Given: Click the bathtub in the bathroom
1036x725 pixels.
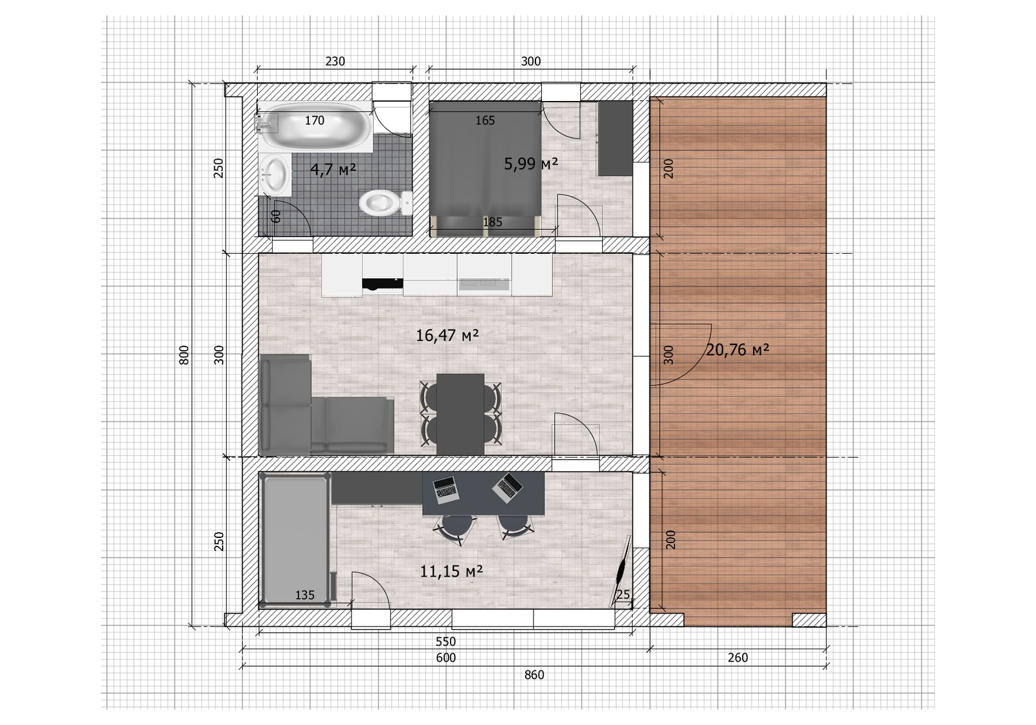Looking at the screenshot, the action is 315,126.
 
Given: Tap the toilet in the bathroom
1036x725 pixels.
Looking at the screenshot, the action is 386,203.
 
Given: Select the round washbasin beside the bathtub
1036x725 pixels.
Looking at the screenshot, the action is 275,174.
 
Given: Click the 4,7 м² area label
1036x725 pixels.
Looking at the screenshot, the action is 333,170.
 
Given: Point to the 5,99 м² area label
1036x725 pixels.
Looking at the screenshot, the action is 530,163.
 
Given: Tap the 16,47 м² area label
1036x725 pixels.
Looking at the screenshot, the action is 447,335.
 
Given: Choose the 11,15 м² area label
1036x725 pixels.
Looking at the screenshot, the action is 451,572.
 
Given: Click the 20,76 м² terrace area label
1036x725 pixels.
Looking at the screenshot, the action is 738,350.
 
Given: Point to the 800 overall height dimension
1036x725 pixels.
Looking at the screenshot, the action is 184,355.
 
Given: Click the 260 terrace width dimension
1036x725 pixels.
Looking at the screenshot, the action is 738,657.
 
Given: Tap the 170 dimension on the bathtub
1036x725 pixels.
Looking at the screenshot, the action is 315,120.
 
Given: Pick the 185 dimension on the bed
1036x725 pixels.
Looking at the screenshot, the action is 493,222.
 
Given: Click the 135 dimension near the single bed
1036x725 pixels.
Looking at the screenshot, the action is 305,595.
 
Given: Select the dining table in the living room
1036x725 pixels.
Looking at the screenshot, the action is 460,414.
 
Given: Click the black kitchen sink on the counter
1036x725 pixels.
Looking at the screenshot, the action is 382,285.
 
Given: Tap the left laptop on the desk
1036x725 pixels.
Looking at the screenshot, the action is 446,490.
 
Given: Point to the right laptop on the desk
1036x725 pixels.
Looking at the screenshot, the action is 508,487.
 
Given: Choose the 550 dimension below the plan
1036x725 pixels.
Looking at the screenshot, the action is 446,641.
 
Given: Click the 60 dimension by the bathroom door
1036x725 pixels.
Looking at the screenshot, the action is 276,216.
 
